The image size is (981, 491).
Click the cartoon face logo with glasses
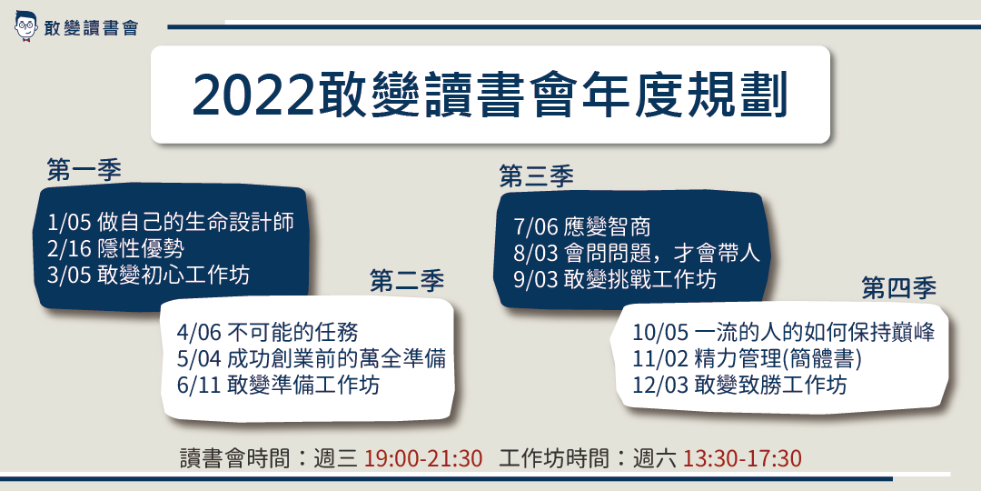coord(25,26)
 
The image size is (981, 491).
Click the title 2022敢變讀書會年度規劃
coord(490,95)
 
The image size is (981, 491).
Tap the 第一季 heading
coord(84,170)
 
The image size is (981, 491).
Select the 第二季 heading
coord(407,282)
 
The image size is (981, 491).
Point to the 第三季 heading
coord(536,175)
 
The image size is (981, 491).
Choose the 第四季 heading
coord(898,288)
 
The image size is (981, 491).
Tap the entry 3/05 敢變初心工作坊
coord(146,275)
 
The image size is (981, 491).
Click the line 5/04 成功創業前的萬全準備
coord(312,358)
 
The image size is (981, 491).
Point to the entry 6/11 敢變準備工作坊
coord(279,385)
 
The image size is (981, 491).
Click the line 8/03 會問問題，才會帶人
coord(635,253)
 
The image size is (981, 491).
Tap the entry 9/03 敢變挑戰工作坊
coord(614,278)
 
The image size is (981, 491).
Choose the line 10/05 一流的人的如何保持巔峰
coord(784,333)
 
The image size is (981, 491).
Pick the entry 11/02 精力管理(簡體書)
coord(747,359)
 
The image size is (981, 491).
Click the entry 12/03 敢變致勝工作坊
coord(739,385)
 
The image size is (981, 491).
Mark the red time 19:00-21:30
coord(423,457)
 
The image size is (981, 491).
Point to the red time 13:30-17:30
coord(743,457)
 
